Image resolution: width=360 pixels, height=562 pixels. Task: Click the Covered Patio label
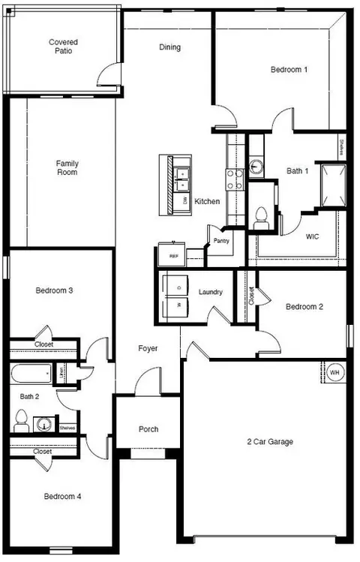click(x=63, y=47)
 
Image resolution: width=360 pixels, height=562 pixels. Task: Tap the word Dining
click(x=169, y=47)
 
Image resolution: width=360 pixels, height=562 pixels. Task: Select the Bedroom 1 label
click(x=289, y=70)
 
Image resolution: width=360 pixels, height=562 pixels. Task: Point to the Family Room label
click(x=67, y=168)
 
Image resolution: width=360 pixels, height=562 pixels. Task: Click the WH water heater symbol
click(x=334, y=372)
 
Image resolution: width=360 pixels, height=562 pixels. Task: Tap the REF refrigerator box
click(x=173, y=256)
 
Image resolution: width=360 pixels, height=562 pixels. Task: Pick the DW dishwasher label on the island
click(x=184, y=202)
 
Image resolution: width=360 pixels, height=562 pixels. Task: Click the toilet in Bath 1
click(x=261, y=216)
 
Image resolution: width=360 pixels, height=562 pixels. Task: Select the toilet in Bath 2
click(x=21, y=419)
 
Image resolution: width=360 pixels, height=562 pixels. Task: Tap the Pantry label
click(x=220, y=241)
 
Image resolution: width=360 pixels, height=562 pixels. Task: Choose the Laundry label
click(x=211, y=292)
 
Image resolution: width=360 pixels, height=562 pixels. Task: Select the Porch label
click(x=148, y=429)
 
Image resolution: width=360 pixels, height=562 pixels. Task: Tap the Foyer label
click(x=147, y=349)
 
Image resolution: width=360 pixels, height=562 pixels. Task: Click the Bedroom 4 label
click(x=62, y=497)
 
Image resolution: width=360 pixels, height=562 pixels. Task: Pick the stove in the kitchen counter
click(x=235, y=178)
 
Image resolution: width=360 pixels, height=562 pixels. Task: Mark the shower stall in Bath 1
click(x=332, y=184)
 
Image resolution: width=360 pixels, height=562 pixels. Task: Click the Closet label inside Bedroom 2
click(x=251, y=296)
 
